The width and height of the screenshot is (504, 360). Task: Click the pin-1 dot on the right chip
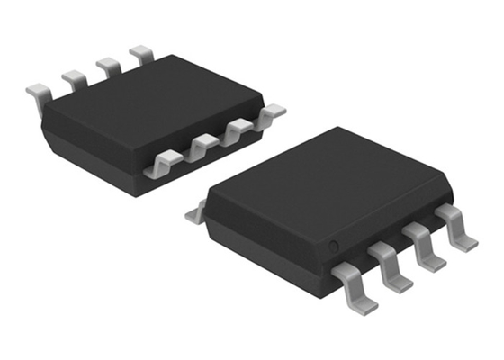pos(332,246)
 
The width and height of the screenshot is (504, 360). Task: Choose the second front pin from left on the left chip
pos(202,144)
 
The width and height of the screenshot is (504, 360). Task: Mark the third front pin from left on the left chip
pos(236,130)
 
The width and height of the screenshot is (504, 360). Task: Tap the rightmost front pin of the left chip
pos(267,114)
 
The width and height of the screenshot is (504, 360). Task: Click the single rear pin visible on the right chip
pos(194,214)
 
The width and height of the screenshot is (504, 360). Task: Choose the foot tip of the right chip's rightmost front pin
pos(465,243)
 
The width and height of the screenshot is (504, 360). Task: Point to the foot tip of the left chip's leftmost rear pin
pos(33,90)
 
